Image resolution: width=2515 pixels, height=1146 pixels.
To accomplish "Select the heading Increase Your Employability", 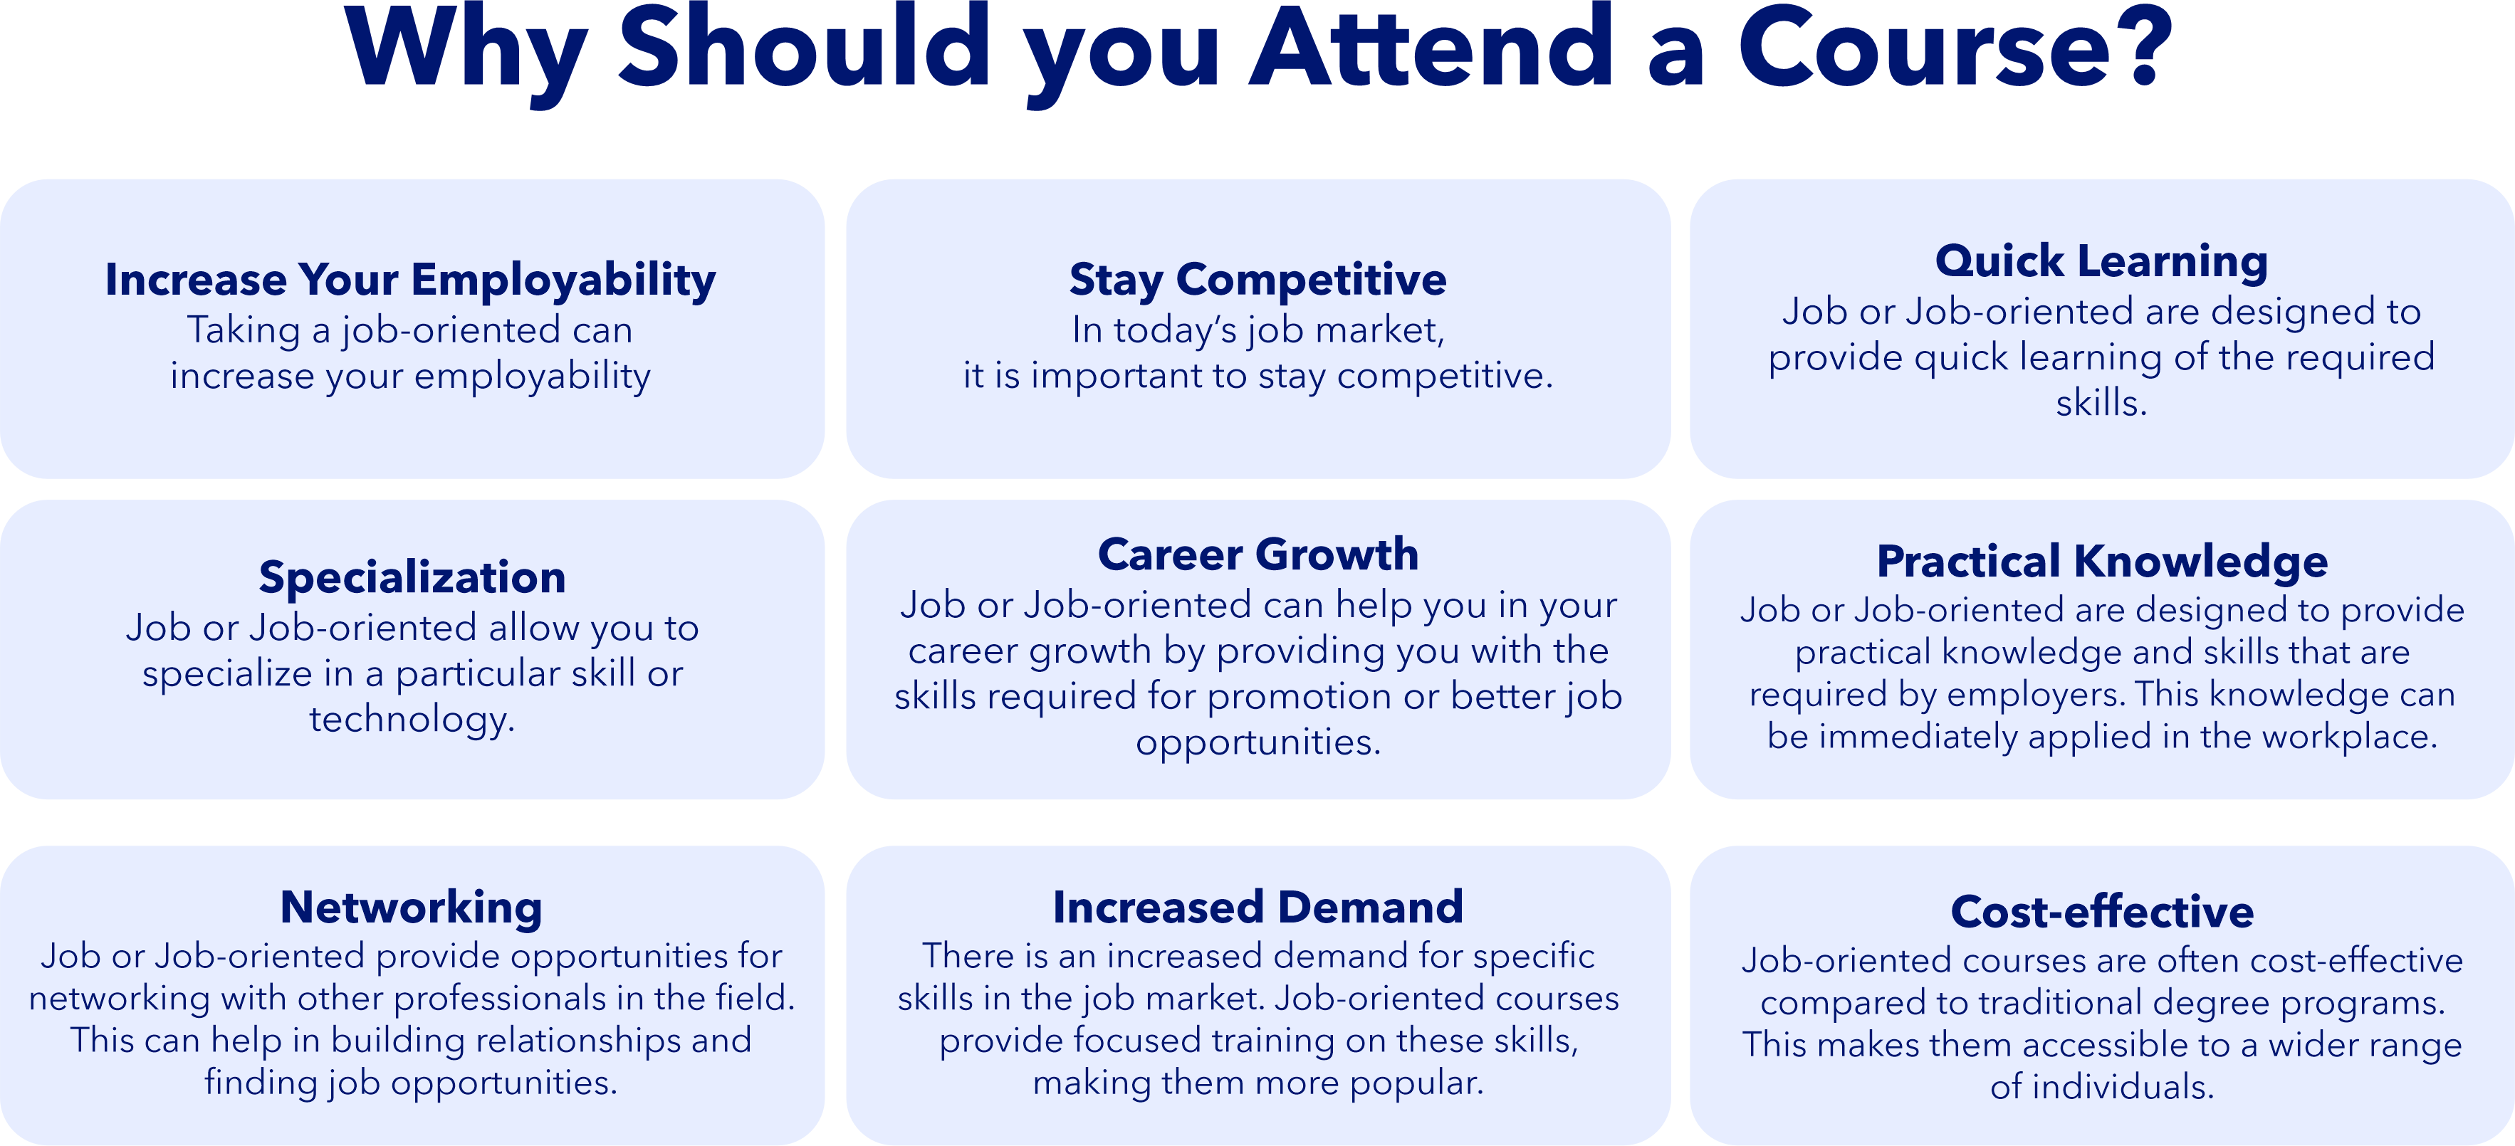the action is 410,280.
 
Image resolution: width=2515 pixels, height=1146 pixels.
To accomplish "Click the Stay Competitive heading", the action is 1257,280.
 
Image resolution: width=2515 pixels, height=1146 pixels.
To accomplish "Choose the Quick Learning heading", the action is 2101,262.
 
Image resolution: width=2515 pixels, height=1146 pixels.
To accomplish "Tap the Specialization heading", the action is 412,578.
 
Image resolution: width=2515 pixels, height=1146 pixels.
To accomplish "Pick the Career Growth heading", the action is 1257,554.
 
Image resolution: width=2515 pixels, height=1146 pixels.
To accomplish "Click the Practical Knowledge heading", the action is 2102,562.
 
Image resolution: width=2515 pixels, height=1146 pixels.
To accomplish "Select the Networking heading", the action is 411,908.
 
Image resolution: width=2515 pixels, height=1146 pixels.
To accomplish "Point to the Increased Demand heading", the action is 1257,908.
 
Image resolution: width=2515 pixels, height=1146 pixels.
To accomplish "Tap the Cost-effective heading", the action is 2102,912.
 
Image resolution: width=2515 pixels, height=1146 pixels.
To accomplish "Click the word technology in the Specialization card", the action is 411,720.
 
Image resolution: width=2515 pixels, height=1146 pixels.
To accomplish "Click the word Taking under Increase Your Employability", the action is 244,331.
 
